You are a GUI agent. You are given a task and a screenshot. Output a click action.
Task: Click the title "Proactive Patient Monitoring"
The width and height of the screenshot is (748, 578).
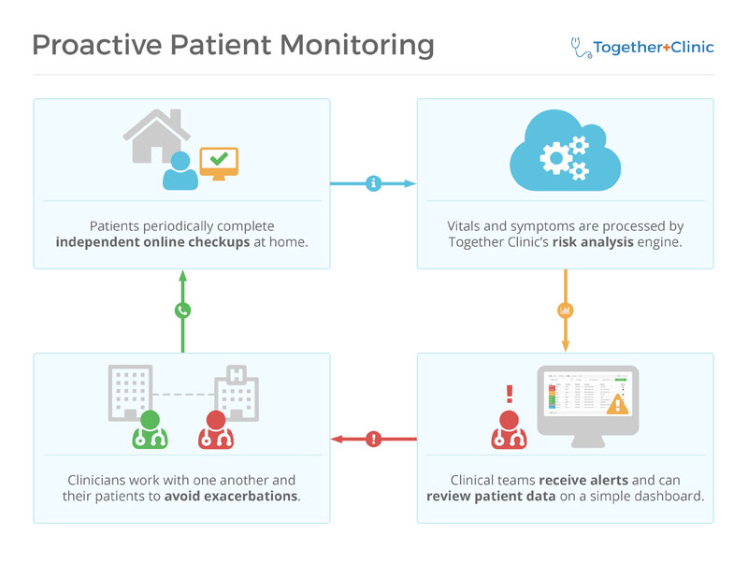233,45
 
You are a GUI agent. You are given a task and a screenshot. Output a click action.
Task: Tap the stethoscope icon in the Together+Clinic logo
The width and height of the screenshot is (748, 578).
580,48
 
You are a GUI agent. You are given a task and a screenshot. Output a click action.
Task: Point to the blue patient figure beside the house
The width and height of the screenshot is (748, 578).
180,170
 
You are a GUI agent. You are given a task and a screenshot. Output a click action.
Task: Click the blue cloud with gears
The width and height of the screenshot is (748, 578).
565,153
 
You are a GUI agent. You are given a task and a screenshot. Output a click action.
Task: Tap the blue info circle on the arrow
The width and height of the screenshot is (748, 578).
374,183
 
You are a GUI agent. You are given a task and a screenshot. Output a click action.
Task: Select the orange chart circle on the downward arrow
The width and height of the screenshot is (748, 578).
565,310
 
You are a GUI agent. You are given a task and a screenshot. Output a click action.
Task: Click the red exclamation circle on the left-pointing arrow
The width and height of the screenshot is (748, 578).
374,438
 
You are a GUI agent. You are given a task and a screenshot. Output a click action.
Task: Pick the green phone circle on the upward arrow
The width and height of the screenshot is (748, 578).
182,311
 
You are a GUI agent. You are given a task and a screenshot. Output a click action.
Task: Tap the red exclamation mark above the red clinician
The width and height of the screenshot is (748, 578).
510,394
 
